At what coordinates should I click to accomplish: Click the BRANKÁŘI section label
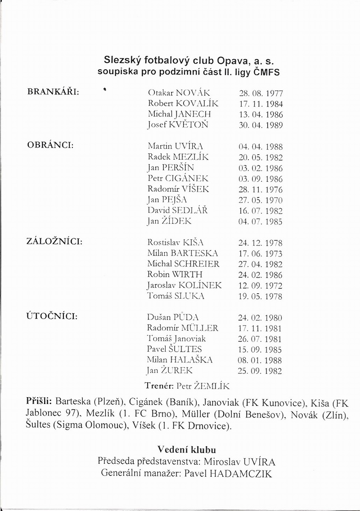[x=54, y=92]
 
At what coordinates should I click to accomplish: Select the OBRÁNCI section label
[x=50, y=146]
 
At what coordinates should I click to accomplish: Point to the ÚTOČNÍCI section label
[x=53, y=316]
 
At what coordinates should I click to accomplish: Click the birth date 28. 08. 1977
[x=260, y=94]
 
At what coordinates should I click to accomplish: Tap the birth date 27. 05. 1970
[x=260, y=200]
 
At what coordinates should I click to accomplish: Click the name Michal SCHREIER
[x=183, y=264]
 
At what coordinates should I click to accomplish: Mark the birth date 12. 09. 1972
[x=260, y=286]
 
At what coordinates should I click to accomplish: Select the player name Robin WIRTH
[x=175, y=274]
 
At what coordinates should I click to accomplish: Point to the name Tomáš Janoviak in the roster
[x=177, y=339]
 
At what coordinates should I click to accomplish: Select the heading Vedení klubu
[x=187, y=449]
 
